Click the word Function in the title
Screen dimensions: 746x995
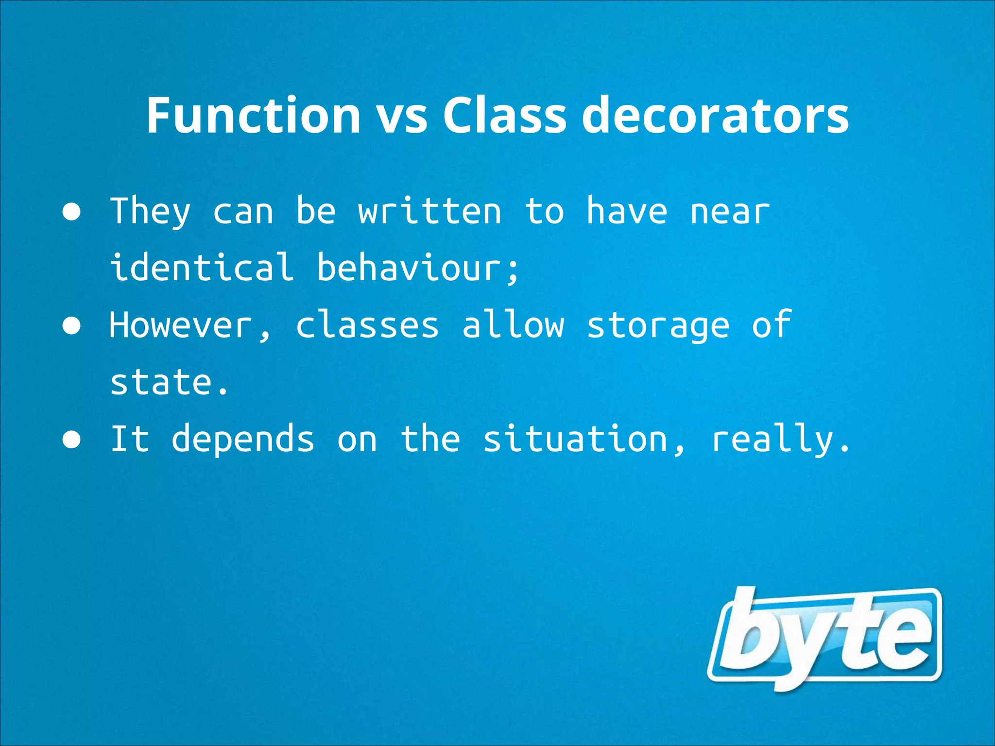253,115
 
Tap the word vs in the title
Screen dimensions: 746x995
402,117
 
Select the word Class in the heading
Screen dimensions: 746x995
504,115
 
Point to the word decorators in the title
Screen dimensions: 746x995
715,115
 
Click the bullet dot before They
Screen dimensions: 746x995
72,213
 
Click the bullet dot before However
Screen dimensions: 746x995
72,326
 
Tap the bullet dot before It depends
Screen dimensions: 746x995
72,440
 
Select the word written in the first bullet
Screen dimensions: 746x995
430,212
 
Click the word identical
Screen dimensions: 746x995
202,267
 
